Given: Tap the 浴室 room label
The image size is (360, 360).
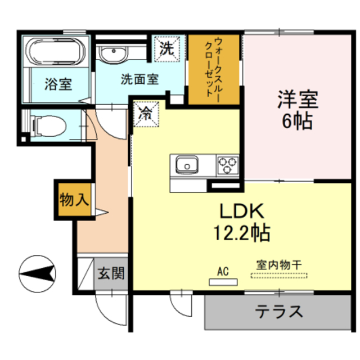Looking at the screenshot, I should (58, 85).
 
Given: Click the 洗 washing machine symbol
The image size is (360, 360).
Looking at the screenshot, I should (166, 48).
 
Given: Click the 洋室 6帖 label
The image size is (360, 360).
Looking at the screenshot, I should (297, 110).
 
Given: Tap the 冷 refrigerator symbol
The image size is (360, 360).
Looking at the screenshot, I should (145, 112).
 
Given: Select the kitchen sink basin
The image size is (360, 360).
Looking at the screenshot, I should (187, 165).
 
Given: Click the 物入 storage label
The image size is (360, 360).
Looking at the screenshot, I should (73, 199).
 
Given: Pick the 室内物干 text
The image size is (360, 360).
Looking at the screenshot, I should (278, 264).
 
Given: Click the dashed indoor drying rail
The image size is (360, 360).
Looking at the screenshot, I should (279, 275).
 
